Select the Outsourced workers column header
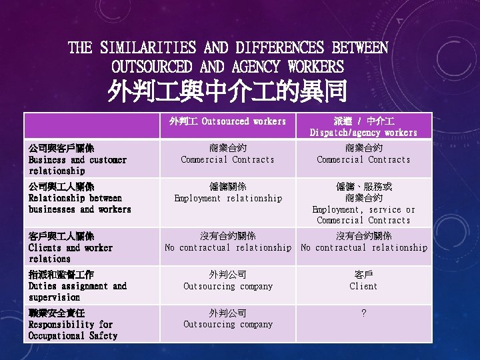(x=227, y=121)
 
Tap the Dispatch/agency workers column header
(x=363, y=127)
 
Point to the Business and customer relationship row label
(x=77, y=159)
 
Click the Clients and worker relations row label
(x=71, y=247)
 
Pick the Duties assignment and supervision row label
(x=77, y=286)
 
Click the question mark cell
(x=363, y=313)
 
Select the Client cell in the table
(x=363, y=280)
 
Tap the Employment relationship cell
(x=227, y=192)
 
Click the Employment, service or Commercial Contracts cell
(x=363, y=203)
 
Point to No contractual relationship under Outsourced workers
(x=227, y=241)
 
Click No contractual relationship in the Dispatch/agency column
(x=363, y=241)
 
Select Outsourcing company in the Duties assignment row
(x=227, y=280)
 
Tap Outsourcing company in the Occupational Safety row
(x=227, y=319)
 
